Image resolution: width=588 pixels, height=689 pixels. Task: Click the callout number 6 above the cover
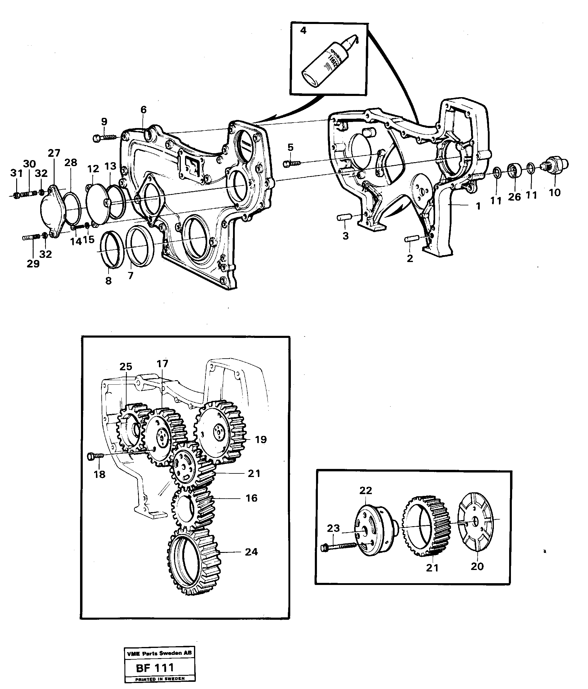point(143,110)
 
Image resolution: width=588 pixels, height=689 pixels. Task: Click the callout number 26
point(514,197)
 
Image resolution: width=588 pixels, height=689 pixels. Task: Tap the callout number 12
point(94,169)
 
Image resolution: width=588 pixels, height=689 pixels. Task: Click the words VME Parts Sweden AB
point(159,653)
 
